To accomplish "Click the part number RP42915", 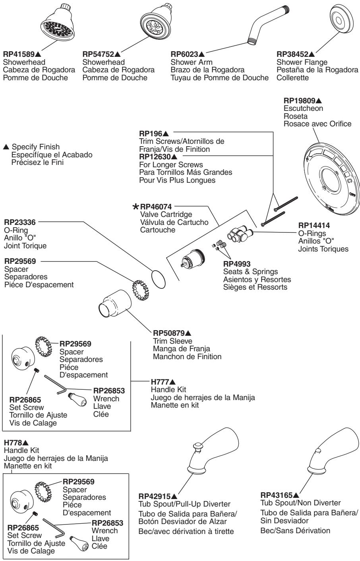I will point(155,496).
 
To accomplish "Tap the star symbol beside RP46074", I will point(136,207).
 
